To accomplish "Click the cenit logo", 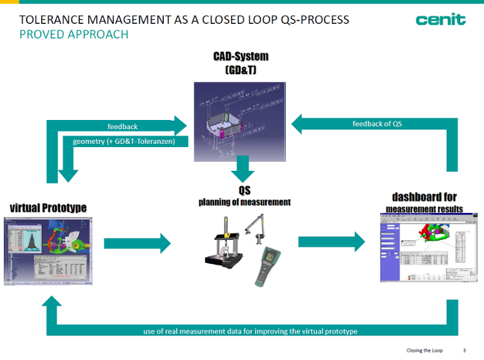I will (441, 20).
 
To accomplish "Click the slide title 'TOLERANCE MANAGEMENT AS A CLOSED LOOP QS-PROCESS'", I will (184, 20).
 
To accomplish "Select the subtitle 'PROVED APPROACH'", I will (74, 34).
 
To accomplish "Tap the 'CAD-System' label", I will (241, 57).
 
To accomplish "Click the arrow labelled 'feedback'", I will (123, 126).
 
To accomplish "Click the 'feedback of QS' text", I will (378, 123).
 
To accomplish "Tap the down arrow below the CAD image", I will (243, 169).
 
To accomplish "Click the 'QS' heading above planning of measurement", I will (244, 190).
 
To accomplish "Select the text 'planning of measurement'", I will (244, 202).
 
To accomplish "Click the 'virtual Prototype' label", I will (48, 207).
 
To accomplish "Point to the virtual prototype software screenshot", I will (48, 249).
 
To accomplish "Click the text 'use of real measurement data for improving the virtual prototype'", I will (250, 331).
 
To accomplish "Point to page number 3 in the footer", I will (464, 350).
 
